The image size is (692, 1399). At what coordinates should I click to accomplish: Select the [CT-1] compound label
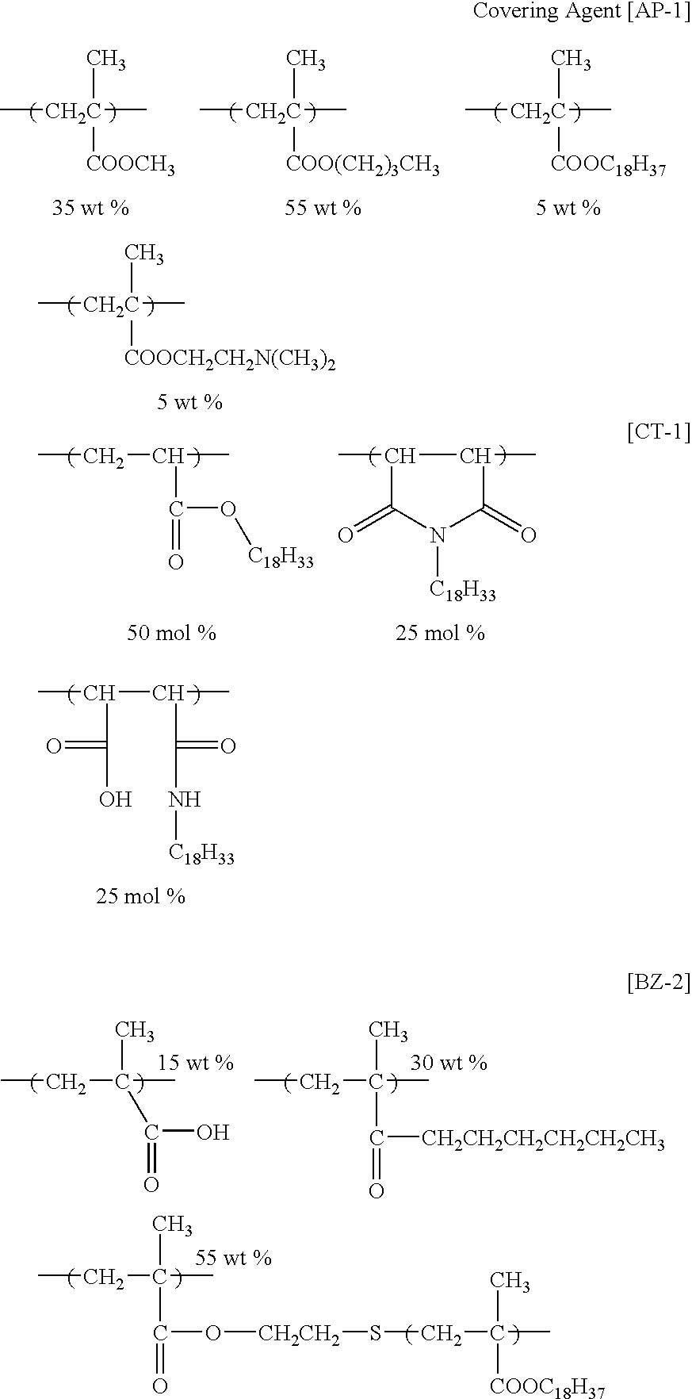pyautogui.click(x=658, y=432)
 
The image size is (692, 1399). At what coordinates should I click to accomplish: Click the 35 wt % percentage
pyautogui.click(x=90, y=208)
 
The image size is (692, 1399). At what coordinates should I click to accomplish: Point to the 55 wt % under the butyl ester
pyautogui.click(x=323, y=208)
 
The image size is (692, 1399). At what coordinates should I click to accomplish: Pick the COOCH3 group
pyautogui.click(x=131, y=167)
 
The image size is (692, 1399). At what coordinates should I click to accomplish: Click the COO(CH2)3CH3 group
pyautogui.click(x=363, y=167)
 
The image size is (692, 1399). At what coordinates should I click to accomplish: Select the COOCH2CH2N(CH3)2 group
pyautogui.click(x=230, y=361)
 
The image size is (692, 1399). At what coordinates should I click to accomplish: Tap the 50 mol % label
pyautogui.click(x=172, y=633)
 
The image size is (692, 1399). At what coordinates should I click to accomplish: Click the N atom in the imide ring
pyautogui.click(x=436, y=536)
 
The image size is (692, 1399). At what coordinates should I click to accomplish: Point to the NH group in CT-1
pyautogui.click(x=185, y=799)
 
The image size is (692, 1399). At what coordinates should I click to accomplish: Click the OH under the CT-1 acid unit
pyautogui.click(x=116, y=799)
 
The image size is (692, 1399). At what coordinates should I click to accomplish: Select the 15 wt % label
pyautogui.click(x=196, y=1063)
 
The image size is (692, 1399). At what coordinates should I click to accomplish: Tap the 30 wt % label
pyautogui.click(x=449, y=1063)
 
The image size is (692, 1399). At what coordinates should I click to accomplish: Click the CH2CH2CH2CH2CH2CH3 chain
pyautogui.click(x=543, y=1141)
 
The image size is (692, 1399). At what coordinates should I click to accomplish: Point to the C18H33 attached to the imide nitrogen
pyautogui.click(x=463, y=590)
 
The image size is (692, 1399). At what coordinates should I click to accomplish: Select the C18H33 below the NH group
pyautogui.click(x=201, y=854)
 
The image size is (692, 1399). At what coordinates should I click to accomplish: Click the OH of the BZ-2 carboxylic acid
pyautogui.click(x=212, y=1133)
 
